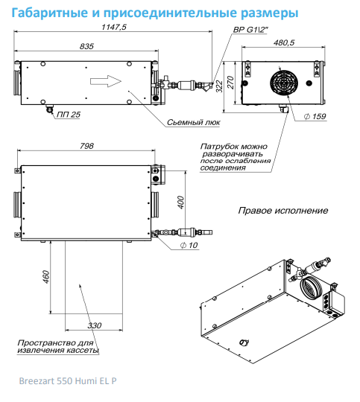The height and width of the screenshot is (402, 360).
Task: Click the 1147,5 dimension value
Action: [x=114, y=27]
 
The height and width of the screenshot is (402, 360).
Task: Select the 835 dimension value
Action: [x=86, y=46]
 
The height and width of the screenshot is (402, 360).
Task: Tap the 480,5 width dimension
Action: [x=284, y=42]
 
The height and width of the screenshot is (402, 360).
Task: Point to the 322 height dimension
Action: [x=219, y=86]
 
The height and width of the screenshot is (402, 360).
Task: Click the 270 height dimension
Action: [x=231, y=83]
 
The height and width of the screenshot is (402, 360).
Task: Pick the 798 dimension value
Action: [x=86, y=146]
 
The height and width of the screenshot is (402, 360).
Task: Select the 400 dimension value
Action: [x=181, y=202]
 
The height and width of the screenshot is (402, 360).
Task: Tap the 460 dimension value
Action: [x=46, y=277]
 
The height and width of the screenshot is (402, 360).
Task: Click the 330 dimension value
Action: [x=95, y=325]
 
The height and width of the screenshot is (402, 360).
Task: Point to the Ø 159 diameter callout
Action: [x=315, y=116]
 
